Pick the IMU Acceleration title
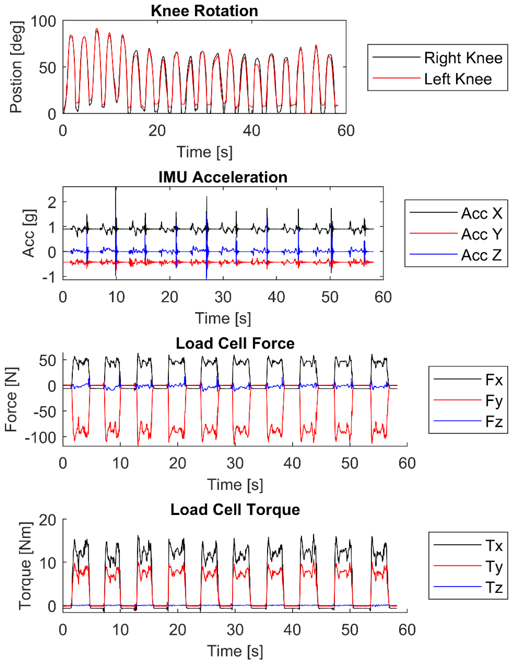pyautogui.click(x=223, y=177)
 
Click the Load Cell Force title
pyautogui.click(x=235, y=343)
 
